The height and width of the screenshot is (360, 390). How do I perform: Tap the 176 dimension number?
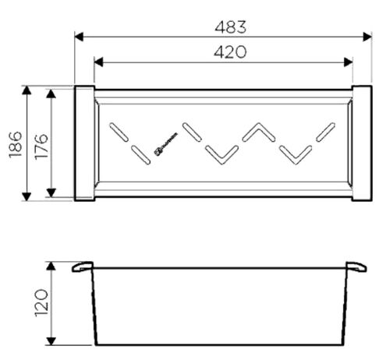coord(41,144)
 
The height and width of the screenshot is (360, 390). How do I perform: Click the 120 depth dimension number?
coord(41,305)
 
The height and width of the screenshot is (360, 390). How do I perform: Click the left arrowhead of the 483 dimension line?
coord(79,37)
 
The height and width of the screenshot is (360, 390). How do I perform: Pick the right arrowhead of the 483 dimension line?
coord(367,37)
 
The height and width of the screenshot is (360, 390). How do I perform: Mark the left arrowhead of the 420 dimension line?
coord(98,62)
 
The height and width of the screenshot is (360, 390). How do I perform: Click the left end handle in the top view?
coord(84,143)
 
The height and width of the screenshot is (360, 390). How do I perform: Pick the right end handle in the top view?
coord(362,143)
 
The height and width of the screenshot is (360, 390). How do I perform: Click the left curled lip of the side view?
coord(82,267)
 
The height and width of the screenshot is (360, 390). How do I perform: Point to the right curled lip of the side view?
coord(356,267)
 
